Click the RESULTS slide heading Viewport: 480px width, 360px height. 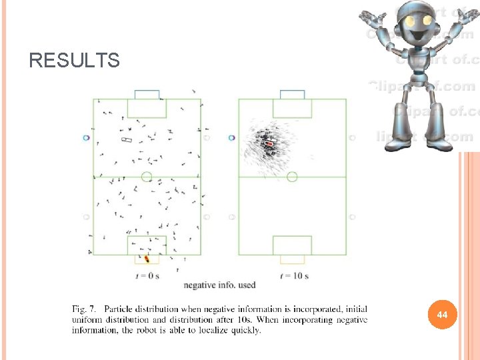tap(74, 61)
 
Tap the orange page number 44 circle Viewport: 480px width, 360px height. tap(441, 314)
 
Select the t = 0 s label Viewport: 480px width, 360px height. tap(147, 275)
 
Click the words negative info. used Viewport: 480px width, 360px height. tap(219, 285)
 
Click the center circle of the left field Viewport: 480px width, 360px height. tap(147, 177)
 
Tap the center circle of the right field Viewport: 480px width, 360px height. tap(292, 177)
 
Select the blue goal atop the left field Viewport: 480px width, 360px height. tap(147, 95)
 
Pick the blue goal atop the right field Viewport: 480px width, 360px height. tap(292, 95)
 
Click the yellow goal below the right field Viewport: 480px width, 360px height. tap(292, 259)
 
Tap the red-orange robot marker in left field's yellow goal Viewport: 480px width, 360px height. tap(147, 258)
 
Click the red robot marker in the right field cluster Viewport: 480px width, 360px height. tap(269, 143)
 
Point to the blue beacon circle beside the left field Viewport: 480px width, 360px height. tap(86, 137)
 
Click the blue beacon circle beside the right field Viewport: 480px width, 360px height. tap(231, 137)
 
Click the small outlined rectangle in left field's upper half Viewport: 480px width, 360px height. tap(127, 139)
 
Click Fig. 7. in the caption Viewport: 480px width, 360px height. tap(85, 309)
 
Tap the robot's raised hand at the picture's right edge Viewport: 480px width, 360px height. tap(467, 17)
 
